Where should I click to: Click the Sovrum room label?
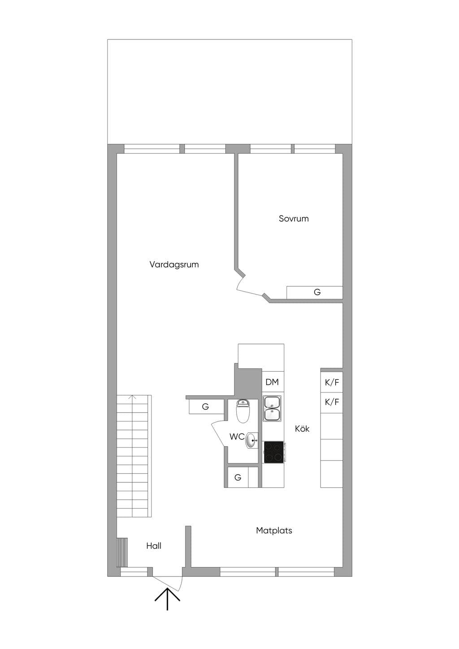pyautogui.click(x=294, y=219)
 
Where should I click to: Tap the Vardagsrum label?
pyautogui.click(x=174, y=265)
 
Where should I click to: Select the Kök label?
pyautogui.click(x=302, y=429)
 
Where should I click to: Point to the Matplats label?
pyautogui.click(x=274, y=530)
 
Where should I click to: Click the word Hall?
pyautogui.click(x=154, y=546)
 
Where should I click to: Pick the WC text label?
pyautogui.click(x=237, y=437)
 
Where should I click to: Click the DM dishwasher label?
pyautogui.click(x=272, y=382)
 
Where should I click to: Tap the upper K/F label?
pyautogui.click(x=332, y=383)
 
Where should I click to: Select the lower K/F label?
pyautogui.click(x=332, y=402)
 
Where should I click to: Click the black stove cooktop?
pyautogui.click(x=274, y=452)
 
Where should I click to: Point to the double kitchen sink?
pyautogui.click(x=272, y=408)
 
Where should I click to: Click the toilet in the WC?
pyautogui.click(x=242, y=411)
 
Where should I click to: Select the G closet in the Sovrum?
pyautogui.click(x=315, y=292)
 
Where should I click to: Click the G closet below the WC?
pyautogui.click(x=238, y=477)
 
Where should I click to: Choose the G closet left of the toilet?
pyautogui.click(x=206, y=407)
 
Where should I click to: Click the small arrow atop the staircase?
pyautogui.click(x=134, y=397)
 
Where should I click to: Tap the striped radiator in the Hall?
pyautogui.click(x=122, y=552)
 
